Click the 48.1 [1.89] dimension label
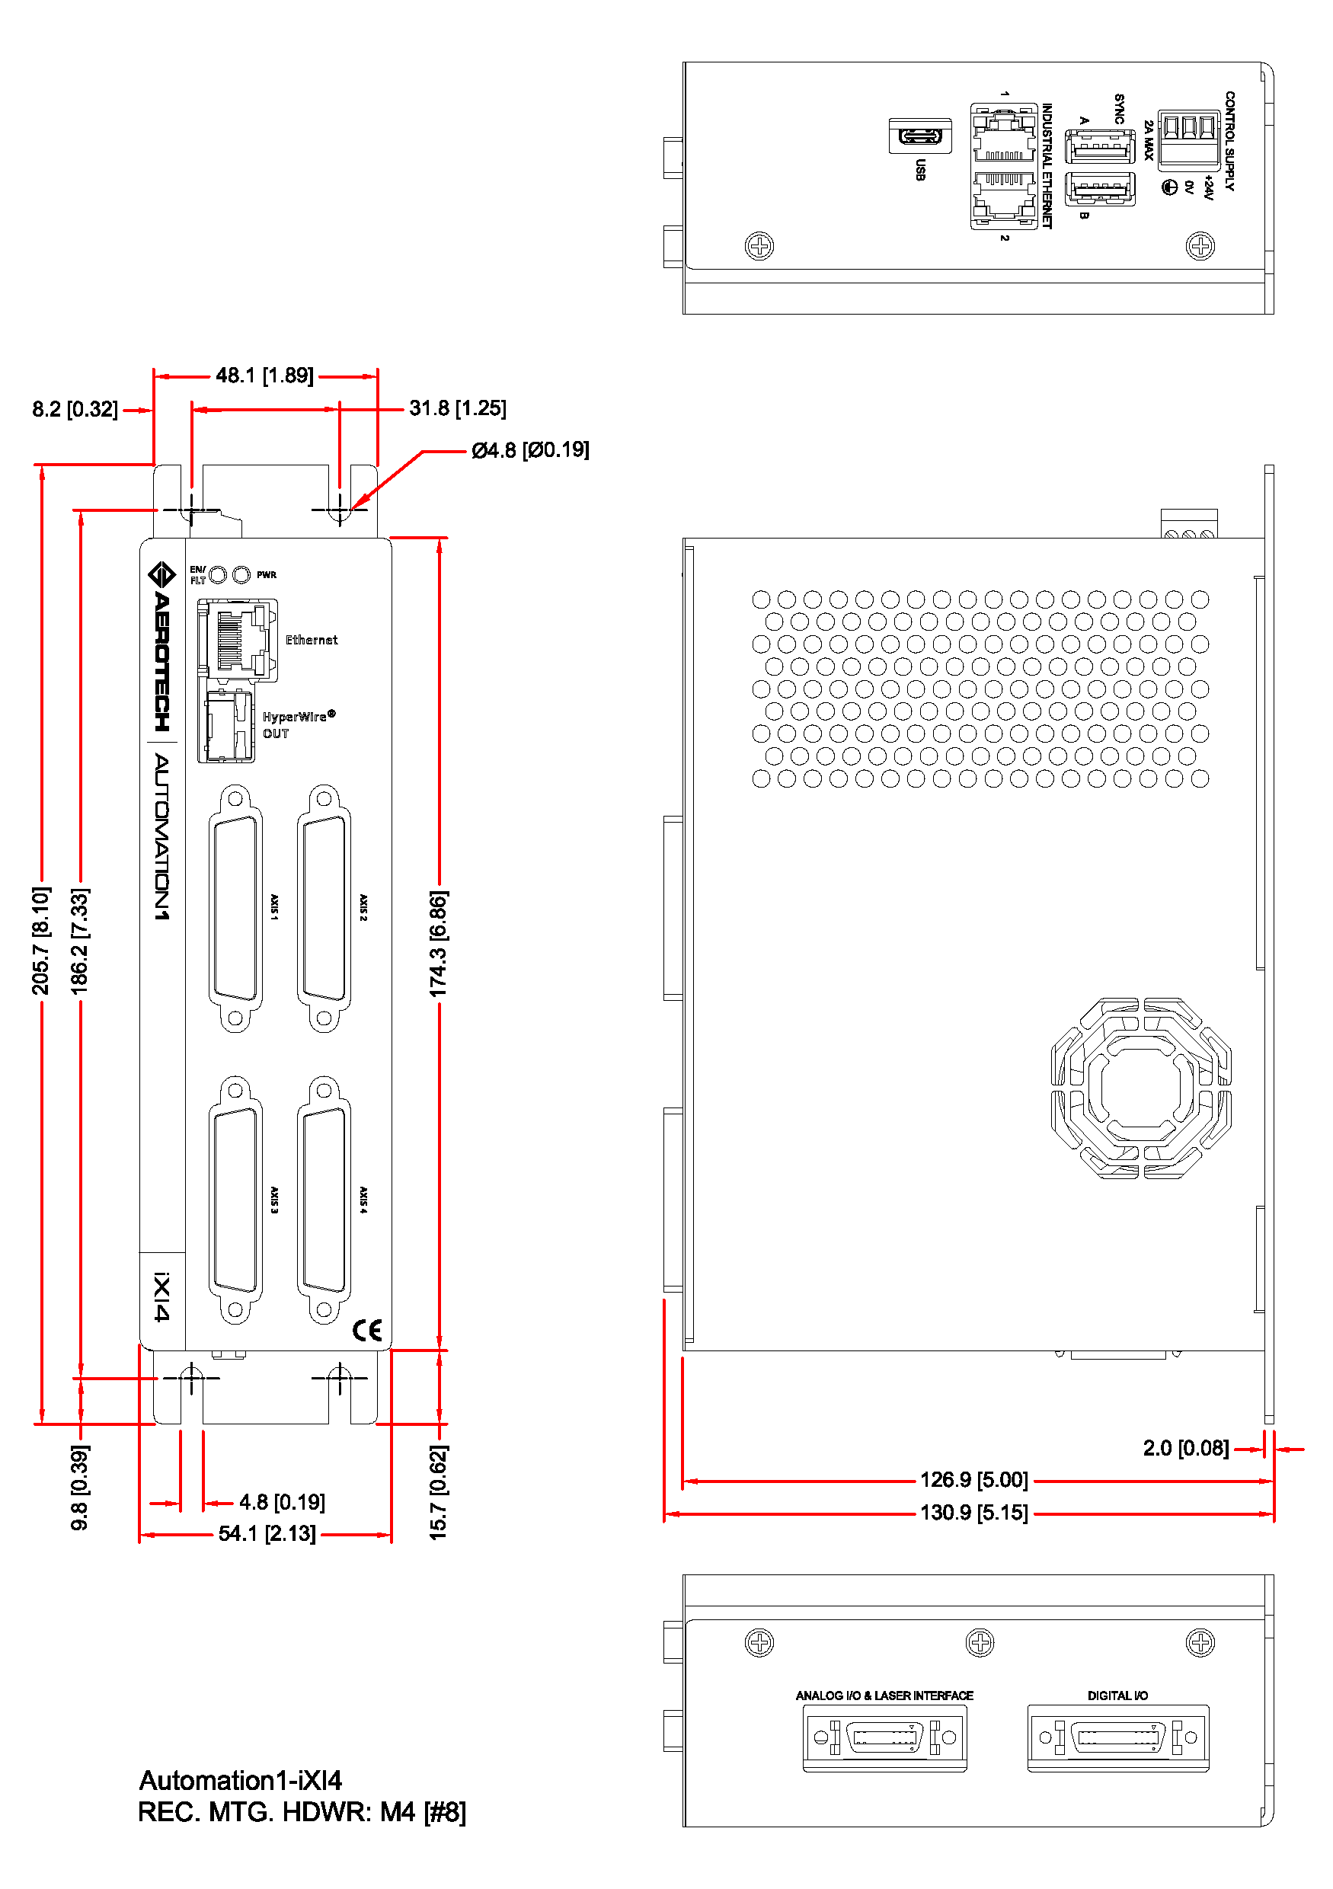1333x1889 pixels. tap(264, 376)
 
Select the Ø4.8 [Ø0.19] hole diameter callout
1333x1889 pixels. tap(530, 450)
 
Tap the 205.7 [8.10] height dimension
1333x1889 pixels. tap(40, 940)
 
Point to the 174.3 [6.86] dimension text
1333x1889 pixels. tap(438, 943)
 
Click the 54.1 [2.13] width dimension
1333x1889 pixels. tap(267, 1533)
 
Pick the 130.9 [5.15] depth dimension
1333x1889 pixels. tap(973, 1512)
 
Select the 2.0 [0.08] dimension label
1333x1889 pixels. tap(1185, 1448)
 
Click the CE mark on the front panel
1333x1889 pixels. tap(367, 1331)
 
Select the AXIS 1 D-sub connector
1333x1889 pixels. tap(235, 908)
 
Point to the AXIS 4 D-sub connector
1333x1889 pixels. tap(324, 1200)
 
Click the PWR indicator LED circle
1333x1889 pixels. tap(241, 574)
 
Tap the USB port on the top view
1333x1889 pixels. tap(920, 136)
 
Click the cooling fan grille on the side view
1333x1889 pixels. tap(1140, 1088)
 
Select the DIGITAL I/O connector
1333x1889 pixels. tap(1118, 1737)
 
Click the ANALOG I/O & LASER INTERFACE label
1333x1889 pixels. tap(884, 1696)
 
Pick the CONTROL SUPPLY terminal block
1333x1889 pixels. tap(1188, 139)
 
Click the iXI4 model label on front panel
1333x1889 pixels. tap(162, 1296)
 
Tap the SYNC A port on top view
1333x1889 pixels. tap(1100, 147)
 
